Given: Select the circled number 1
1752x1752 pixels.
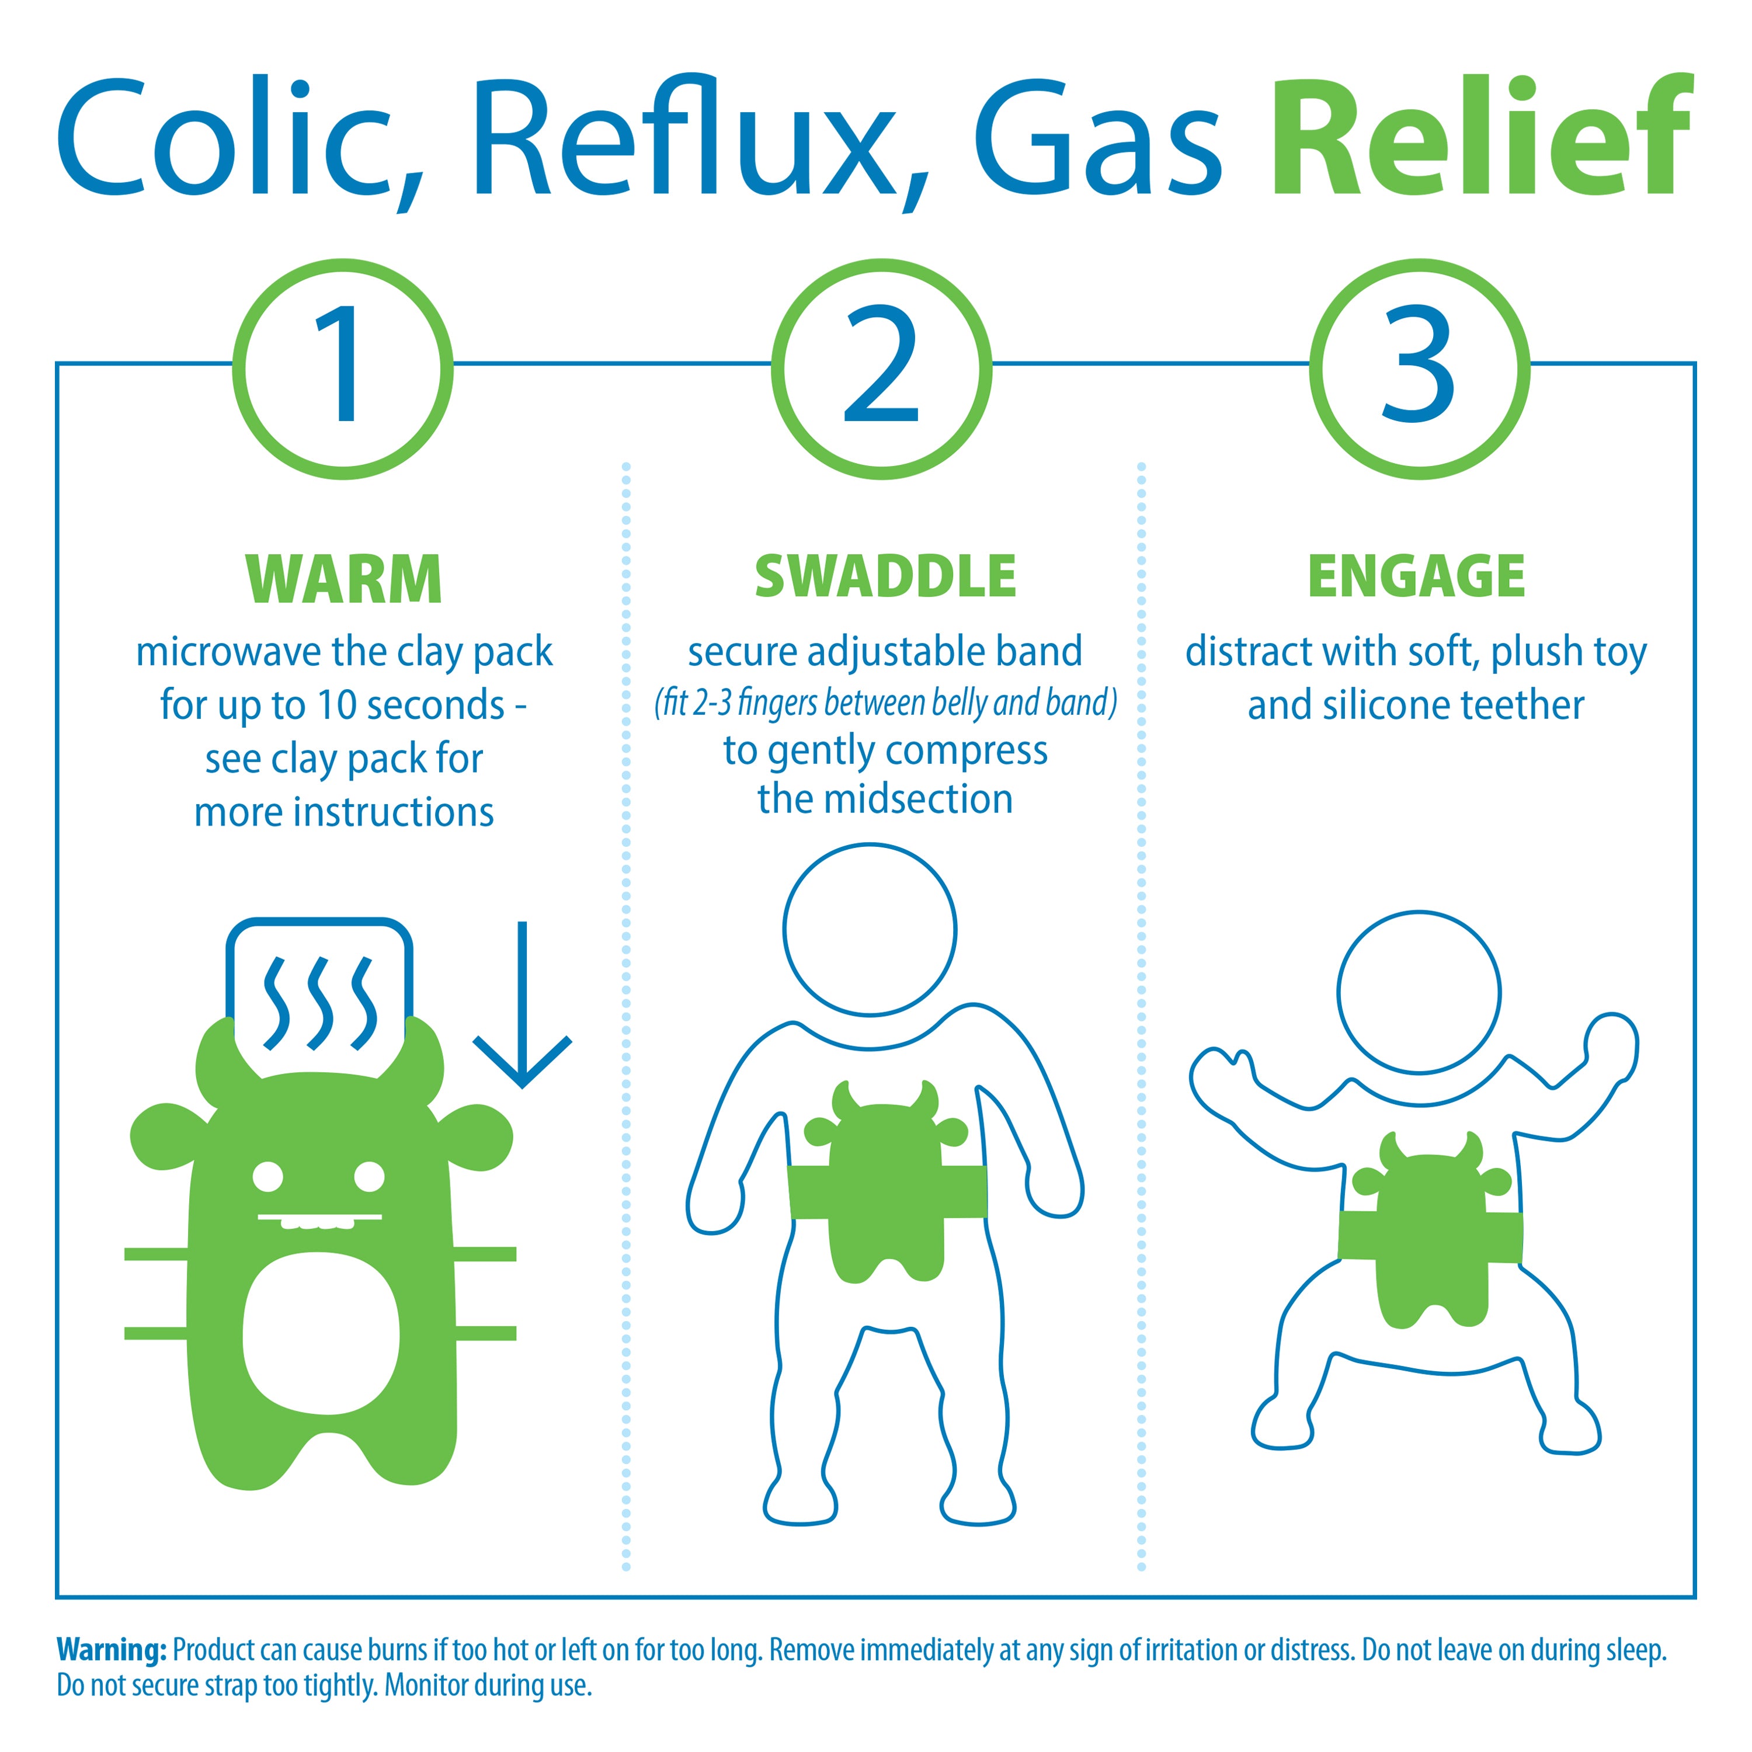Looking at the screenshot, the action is (x=343, y=368).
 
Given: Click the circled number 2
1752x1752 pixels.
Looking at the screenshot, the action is (x=881, y=368).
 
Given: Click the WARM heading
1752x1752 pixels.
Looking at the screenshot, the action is (x=344, y=579).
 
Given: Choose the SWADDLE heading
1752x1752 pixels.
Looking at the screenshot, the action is (x=885, y=577).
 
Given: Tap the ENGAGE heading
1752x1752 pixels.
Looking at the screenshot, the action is (x=1416, y=577).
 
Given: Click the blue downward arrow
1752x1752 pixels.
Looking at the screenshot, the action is (x=522, y=1004).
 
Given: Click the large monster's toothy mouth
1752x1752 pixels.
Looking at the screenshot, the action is (x=320, y=1221).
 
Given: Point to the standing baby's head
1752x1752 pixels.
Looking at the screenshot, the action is (x=870, y=930).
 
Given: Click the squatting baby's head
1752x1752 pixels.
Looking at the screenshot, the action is (x=1419, y=993).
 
